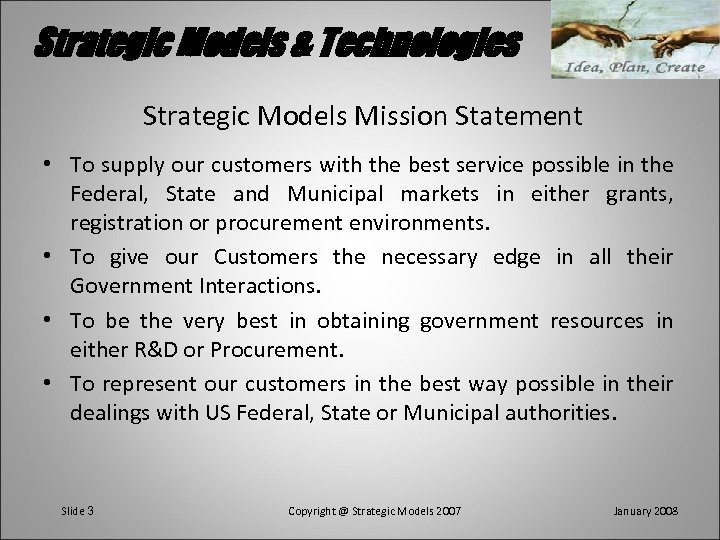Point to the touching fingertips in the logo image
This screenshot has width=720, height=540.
pyautogui.click(x=633, y=35)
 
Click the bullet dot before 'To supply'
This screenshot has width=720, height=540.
pyautogui.click(x=50, y=164)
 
